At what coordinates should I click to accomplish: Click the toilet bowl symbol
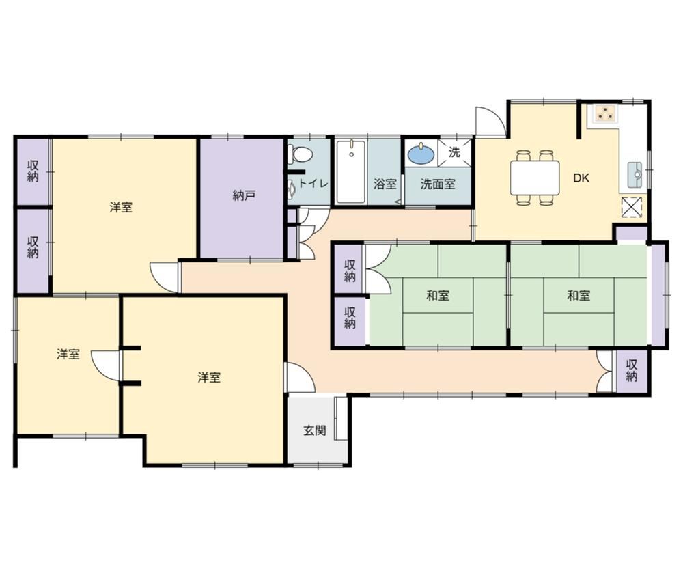[301, 154]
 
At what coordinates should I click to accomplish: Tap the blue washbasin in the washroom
[421, 154]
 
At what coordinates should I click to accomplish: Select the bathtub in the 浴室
[350, 171]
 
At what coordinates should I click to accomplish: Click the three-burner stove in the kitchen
[603, 113]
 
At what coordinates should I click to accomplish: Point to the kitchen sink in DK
[635, 175]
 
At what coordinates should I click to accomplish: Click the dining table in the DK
[535, 178]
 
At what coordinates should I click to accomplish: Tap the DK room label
[581, 178]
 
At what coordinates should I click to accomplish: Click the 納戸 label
[244, 196]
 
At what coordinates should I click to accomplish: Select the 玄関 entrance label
[314, 431]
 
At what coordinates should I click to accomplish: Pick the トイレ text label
[313, 184]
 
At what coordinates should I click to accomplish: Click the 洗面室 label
[437, 184]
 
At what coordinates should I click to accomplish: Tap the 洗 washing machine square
[454, 152]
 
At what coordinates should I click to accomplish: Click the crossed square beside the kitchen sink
[632, 206]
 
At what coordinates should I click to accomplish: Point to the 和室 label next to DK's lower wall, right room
[579, 296]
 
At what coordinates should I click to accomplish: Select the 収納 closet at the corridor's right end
[632, 371]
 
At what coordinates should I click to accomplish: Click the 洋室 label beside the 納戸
[121, 208]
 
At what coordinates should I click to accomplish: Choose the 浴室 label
[385, 184]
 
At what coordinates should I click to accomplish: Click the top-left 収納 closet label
[33, 171]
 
